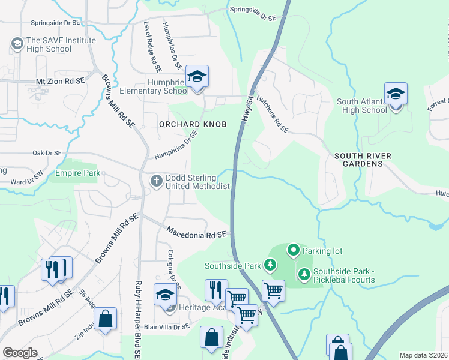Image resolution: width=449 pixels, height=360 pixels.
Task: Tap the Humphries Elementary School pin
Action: pyautogui.click(x=197, y=77)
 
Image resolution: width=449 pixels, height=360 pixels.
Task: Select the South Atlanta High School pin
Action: pyautogui.click(x=396, y=95)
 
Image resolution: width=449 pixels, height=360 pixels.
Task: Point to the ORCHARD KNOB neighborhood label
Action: pyautogui.click(x=193, y=124)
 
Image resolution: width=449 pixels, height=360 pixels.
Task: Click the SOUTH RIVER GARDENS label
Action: pyautogui.click(x=363, y=160)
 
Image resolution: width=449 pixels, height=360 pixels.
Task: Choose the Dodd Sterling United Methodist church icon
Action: pyautogui.click(x=156, y=181)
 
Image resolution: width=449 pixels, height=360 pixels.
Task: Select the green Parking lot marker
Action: pyautogui.click(x=293, y=249)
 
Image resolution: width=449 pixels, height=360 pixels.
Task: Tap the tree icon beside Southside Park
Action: pyautogui.click(x=271, y=265)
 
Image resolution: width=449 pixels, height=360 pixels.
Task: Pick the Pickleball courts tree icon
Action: pyautogui.click(x=304, y=274)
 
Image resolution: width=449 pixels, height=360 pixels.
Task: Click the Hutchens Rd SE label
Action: pyautogui.click(x=273, y=113)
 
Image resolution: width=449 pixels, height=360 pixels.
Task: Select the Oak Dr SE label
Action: pyautogui.click(x=47, y=153)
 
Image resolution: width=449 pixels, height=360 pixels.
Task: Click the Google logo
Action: pyautogui.click(x=20, y=352)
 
